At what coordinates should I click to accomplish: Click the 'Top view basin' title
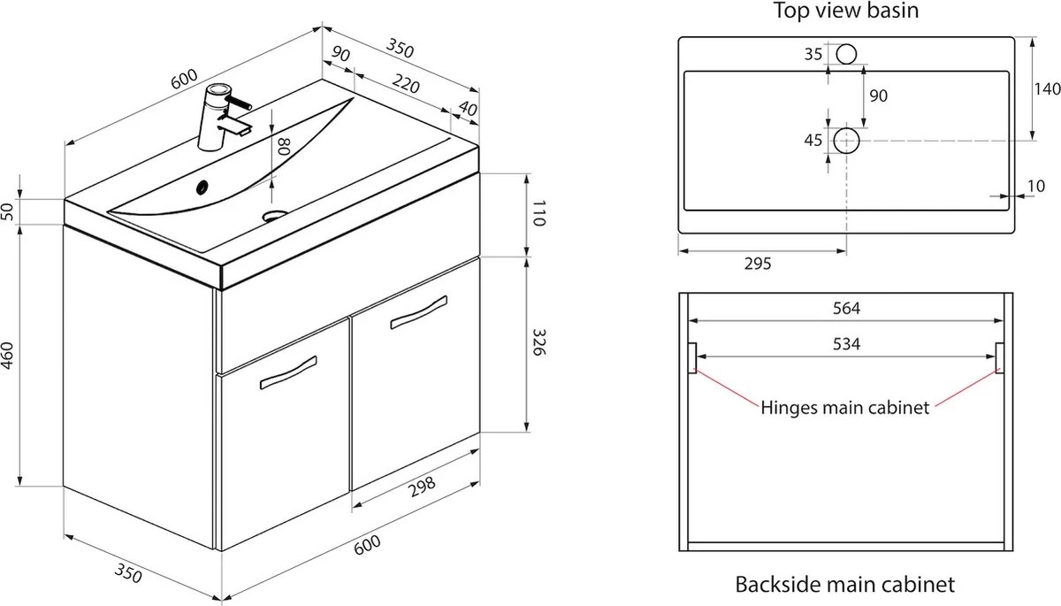846,11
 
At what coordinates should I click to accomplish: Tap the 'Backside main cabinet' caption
844,584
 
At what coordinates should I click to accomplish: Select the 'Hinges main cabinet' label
845,408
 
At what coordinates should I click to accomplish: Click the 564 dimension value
846,308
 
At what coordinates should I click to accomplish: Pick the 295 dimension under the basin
758,263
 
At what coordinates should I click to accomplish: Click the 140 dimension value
1046,88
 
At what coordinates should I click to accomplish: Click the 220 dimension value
404,85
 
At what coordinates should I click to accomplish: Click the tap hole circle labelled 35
846,55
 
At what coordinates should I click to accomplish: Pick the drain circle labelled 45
846,140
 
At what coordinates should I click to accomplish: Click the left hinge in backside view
692,357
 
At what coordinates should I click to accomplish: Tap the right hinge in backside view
1000,357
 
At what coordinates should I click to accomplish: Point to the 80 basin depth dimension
283,146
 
